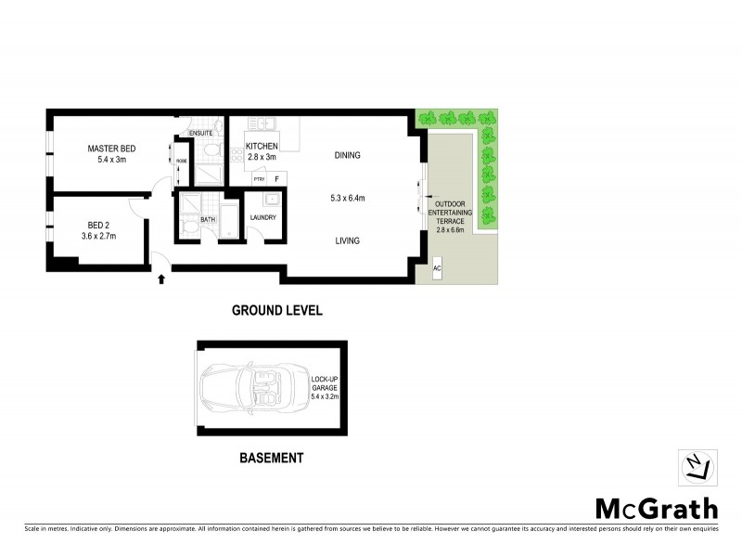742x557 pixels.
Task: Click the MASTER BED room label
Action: [111, 149]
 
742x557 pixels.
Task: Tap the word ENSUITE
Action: [201, 133]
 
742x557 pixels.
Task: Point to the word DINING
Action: [347, 155]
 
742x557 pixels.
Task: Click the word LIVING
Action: [347, 240]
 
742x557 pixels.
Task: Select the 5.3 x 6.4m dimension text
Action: [347, 198]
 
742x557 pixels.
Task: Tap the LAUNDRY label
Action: [264, 219]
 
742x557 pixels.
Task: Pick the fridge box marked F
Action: [277, 178]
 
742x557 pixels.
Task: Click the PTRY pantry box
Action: [259, 178]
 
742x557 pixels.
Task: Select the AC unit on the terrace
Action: [437, 267]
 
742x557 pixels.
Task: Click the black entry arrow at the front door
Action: [162, 277]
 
